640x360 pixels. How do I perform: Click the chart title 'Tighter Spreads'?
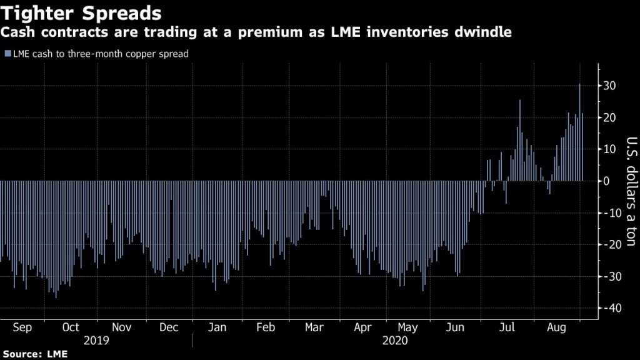pyautogui.click(x=82, y=13)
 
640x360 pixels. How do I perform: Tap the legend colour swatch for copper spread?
pyautogui.click(x=7, y=54)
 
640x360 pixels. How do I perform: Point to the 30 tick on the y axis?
pyautogui.click(x=611, y=86)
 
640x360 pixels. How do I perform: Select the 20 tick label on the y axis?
pyautogui.click(x=611, y=117)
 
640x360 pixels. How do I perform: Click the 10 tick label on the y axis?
pyautogui.click(x=611, y=149)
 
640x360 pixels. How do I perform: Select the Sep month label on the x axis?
pyautogui.click(x=22, y=327)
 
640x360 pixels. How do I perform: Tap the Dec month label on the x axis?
pyautogui.click(x=168, y=327)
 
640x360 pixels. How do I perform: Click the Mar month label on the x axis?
pyautogui.click(x=314, y=327)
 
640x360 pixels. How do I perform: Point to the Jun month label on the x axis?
pyautogui.click(x=456, y=327)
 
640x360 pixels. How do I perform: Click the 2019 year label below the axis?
pyautogui.click(x=96, y=341)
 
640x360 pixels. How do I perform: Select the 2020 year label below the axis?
pyautogui.click(x=395, y=341)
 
